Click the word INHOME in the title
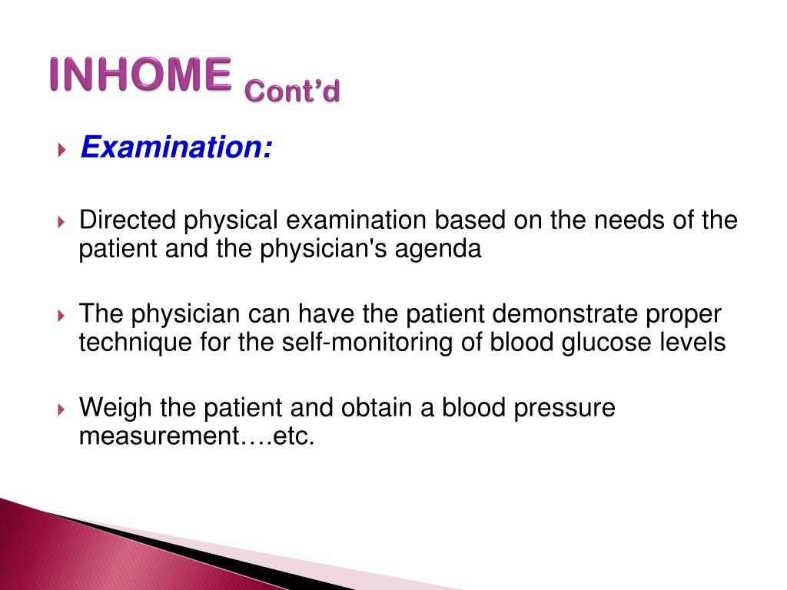pyautogui.click(x=141, y=75)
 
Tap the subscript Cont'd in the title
pyautogui.click(x=292, y=91)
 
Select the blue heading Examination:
pyautogui.click(x=177, y=147)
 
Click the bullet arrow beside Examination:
pyautogui.click(x=61, y=149)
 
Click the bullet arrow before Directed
pyautogui.click(x=61, y=221)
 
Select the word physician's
pyautogui.click(x=324, y=249)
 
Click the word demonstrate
pyautogui.click(x=565, y=313)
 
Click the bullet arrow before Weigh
pyautogui.click(x=61, y=409)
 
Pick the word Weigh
pyautogui.click(x=116, y=408)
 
